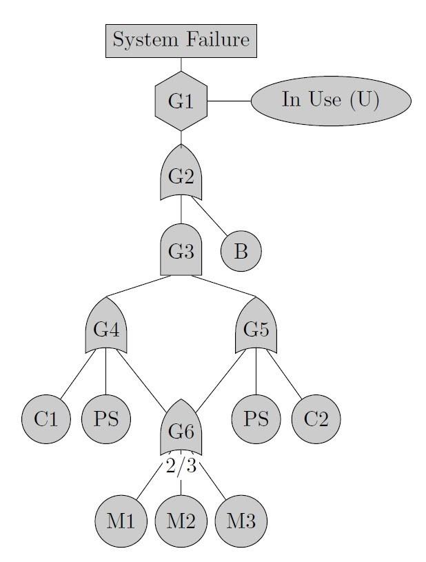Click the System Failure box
[181, 41]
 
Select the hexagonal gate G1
[181, 101]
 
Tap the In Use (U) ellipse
[331, 101]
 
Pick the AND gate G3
[181, 250]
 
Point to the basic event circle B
[241, 251]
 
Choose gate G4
[106, 325]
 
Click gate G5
[256, 325]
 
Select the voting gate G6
[181, 428]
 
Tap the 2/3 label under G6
[181, 466]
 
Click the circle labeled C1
[46, 419]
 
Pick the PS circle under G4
[106, 419]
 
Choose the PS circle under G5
[256, 419]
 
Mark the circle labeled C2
[316, 419]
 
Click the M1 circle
[121, 521]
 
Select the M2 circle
[181, 521]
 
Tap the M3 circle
[241, 521]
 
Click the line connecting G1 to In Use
[230, 101]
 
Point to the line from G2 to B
[210, 217]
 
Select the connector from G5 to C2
[284, 374]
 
